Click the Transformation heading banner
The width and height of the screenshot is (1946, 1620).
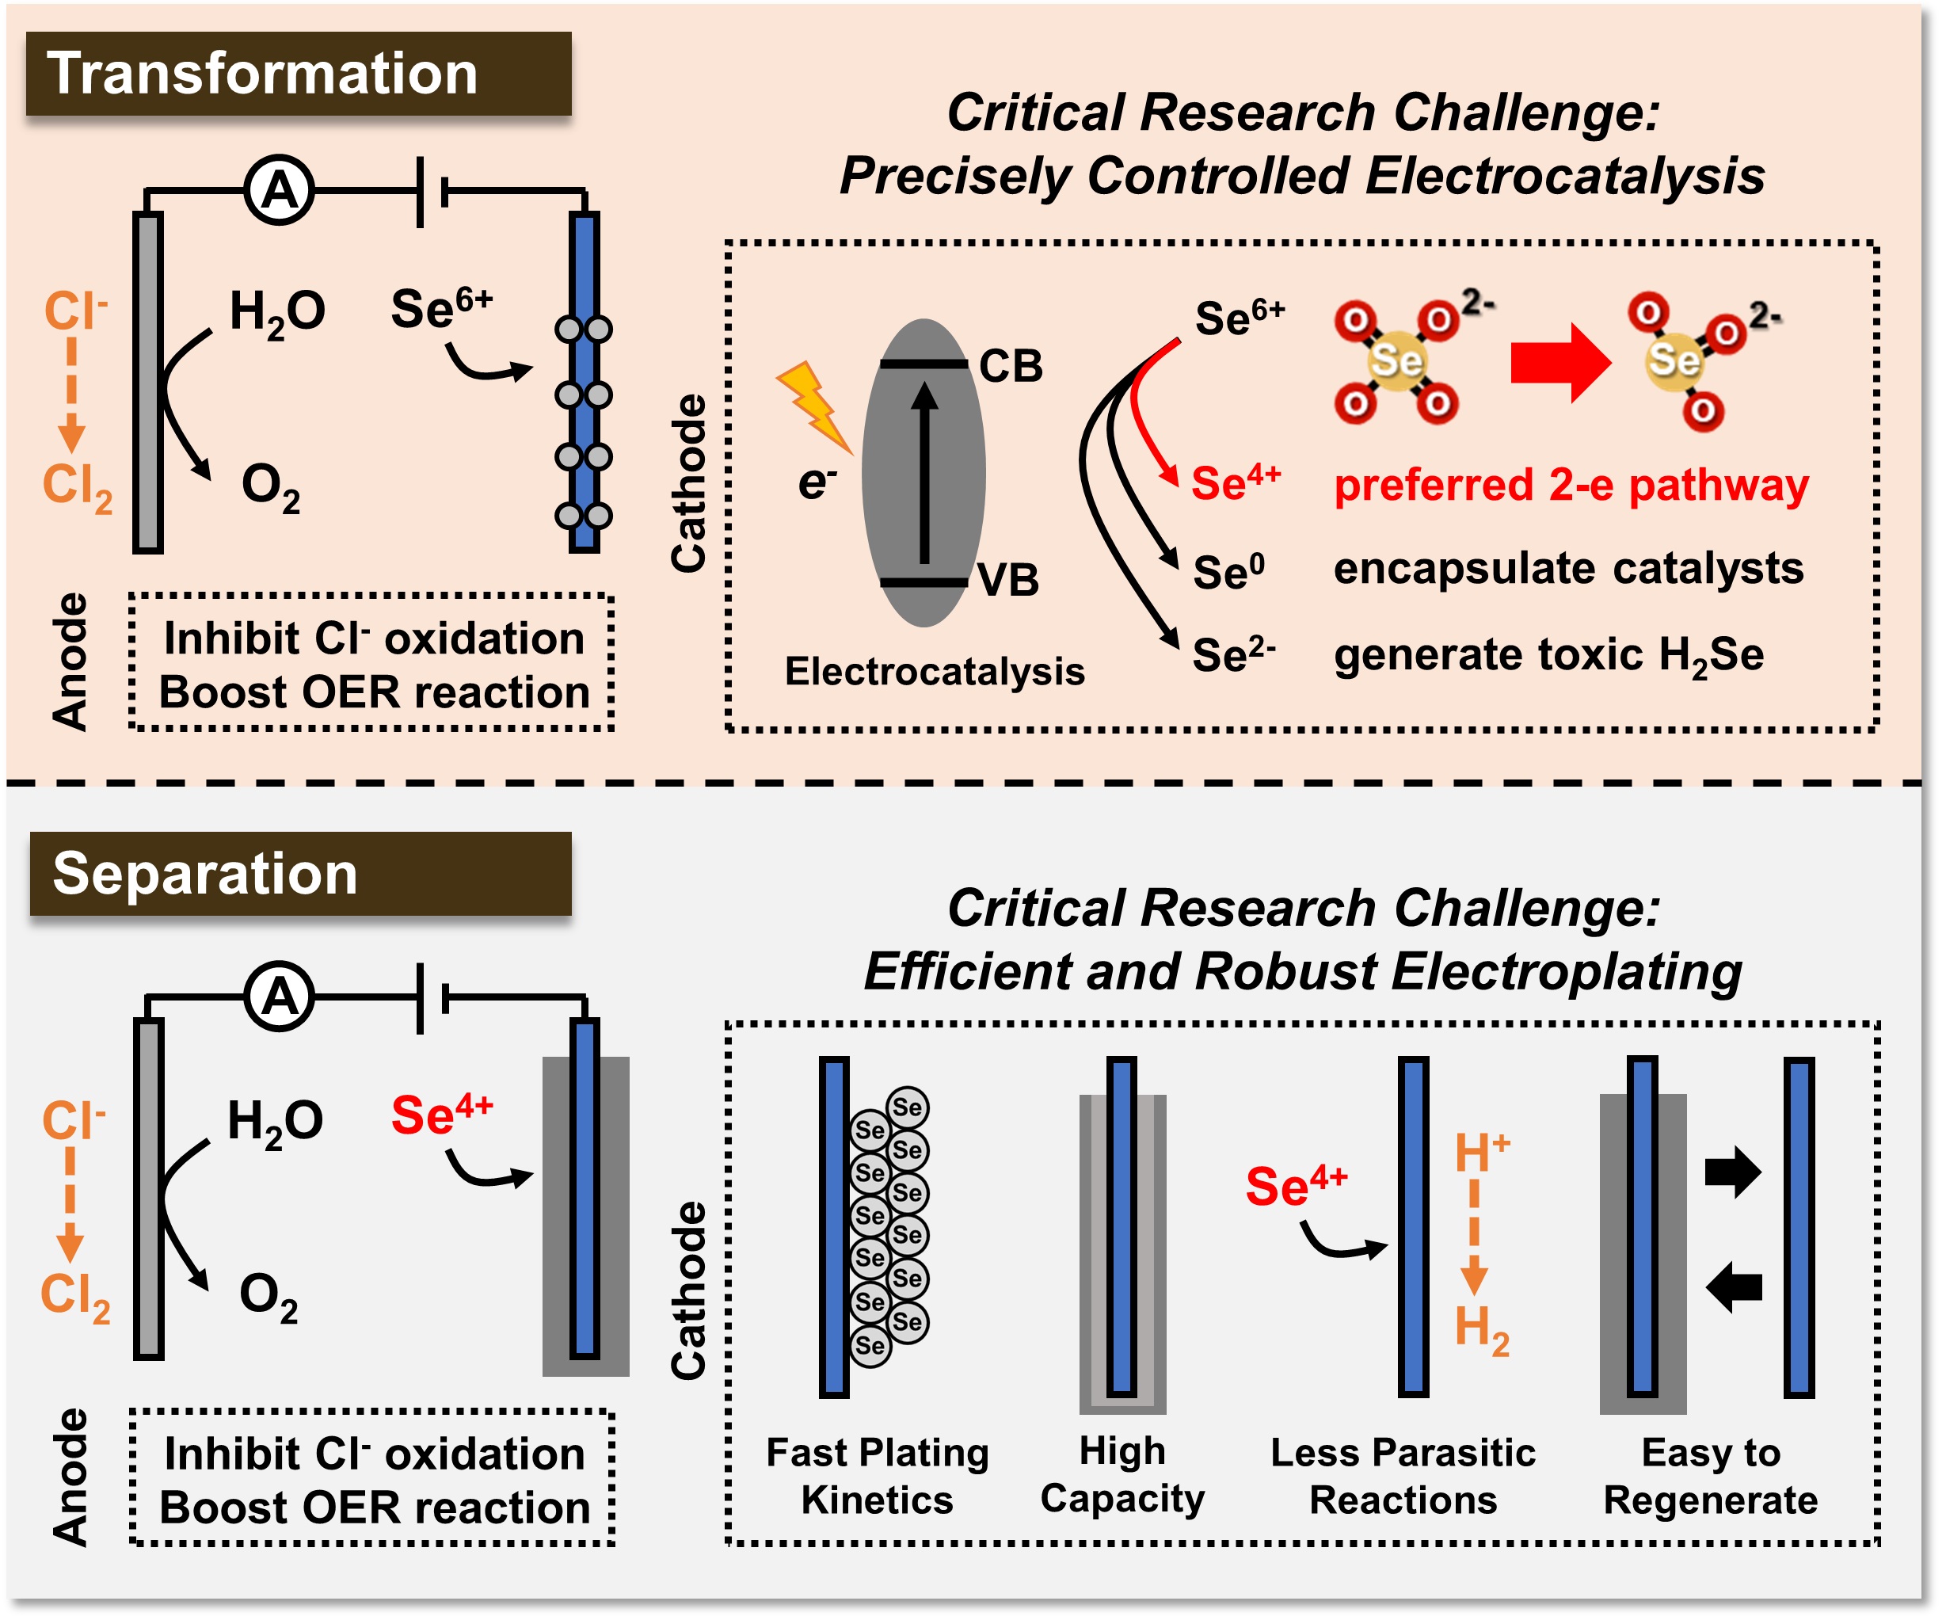click(299, 74)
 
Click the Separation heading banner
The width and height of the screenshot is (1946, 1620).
click(300, 874)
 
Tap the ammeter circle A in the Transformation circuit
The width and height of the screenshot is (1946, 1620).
click(279, 191)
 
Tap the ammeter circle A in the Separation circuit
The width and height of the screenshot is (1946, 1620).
click(279, 997)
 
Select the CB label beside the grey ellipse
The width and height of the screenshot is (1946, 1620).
click(1010, 367)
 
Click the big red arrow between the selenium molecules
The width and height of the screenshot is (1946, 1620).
click(1559, 362)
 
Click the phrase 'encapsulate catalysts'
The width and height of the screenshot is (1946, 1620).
click(1568, 568)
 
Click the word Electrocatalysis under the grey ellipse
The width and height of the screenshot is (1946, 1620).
click(934, 671)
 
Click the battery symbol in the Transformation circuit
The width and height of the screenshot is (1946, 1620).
click(432, 192)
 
